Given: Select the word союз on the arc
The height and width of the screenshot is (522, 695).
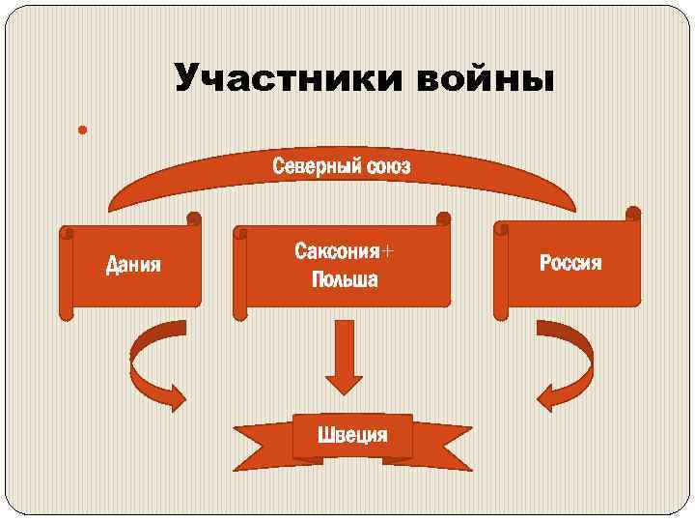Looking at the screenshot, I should (x=388, y=167).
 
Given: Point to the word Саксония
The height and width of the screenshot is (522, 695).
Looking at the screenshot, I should (x=335, y=252).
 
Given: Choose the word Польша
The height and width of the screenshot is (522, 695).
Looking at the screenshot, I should (x=345, y=280).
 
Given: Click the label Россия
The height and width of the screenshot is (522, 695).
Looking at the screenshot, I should (x=570, y=263).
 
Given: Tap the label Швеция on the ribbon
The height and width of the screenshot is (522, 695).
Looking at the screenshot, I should (x=352, y=435).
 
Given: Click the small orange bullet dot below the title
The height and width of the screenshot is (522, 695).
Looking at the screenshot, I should (x=84, y=129).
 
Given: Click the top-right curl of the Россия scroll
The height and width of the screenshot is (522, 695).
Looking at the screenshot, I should (x=633, y=213).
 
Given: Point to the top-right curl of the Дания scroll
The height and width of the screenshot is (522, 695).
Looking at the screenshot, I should (x=194, y=219).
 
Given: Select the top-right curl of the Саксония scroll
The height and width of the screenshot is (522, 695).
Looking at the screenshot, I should (x=443, y=219).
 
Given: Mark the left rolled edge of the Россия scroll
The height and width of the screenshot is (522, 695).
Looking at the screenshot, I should (x=501, y=271).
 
